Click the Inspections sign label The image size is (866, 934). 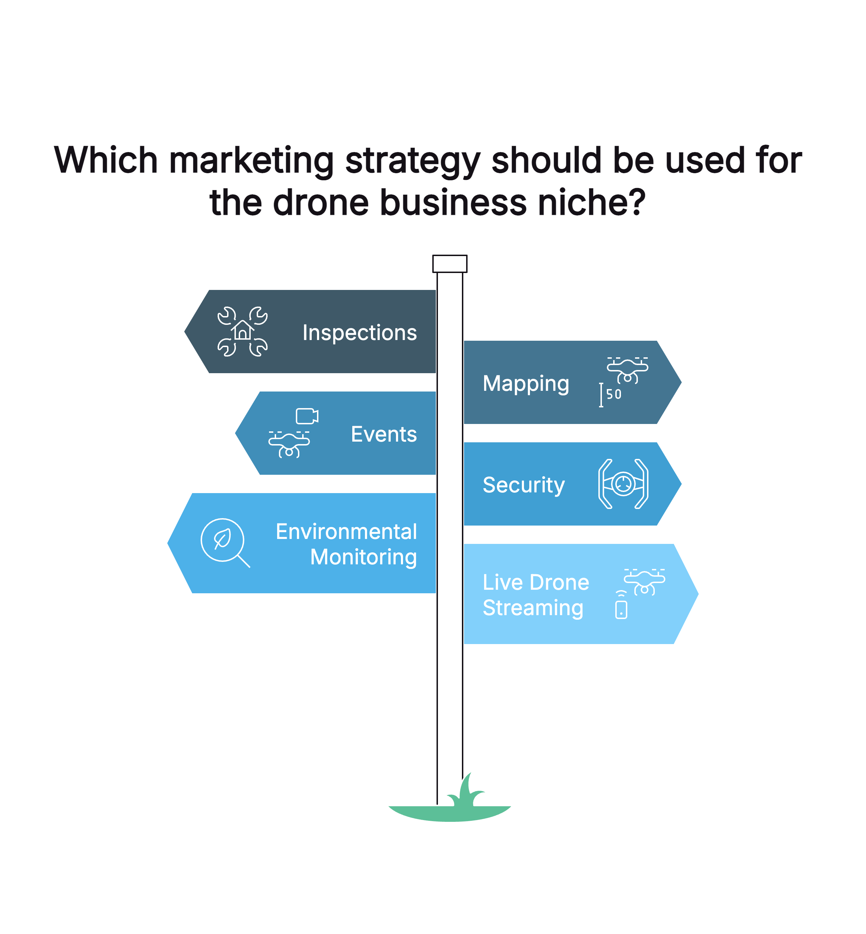[359, 333]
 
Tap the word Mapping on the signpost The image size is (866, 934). [526, 384]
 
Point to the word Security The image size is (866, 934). [523, 485]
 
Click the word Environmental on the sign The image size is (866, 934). [346, 532]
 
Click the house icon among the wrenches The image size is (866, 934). [243, 330]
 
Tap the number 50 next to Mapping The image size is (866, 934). [614, 394]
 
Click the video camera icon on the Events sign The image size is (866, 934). [307, 416]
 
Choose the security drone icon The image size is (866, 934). [623, 484]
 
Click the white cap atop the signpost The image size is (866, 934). [450, 264]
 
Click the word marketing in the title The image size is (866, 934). [251, 160]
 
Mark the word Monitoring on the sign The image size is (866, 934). [363, 557]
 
